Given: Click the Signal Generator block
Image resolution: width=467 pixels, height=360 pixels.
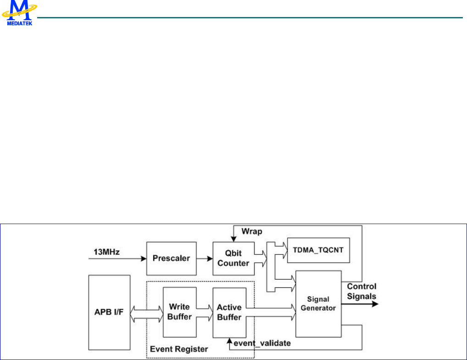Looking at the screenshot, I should (x=318, y=303).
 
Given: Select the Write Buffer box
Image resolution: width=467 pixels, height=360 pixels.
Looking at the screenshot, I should (x=180, y=311).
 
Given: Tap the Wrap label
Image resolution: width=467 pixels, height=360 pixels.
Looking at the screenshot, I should (x=252, y=231).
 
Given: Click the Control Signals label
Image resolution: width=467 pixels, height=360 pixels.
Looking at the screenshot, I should (x=362, y=292).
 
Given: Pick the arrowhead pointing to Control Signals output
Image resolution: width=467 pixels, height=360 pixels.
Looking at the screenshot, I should (x=375, y=304).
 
